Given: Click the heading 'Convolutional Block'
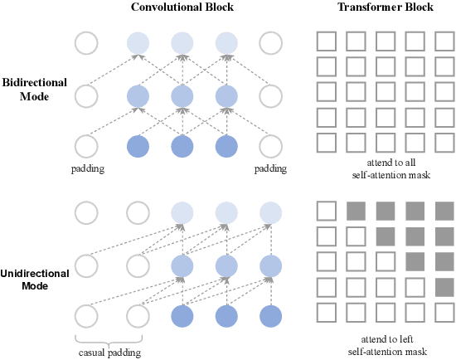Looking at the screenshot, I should [182, 7].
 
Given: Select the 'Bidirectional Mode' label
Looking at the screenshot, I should [34, 90].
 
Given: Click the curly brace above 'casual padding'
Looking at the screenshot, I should [110, 338].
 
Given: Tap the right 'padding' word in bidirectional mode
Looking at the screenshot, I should [270, 169].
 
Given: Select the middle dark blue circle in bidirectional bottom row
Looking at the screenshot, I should [182, 148].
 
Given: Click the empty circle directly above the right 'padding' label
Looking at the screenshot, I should [270, 148].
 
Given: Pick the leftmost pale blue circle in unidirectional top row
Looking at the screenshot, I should [182, 212].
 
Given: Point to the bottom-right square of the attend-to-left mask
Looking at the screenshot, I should [444, 312].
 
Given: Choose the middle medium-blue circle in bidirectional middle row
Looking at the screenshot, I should [182, 96].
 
